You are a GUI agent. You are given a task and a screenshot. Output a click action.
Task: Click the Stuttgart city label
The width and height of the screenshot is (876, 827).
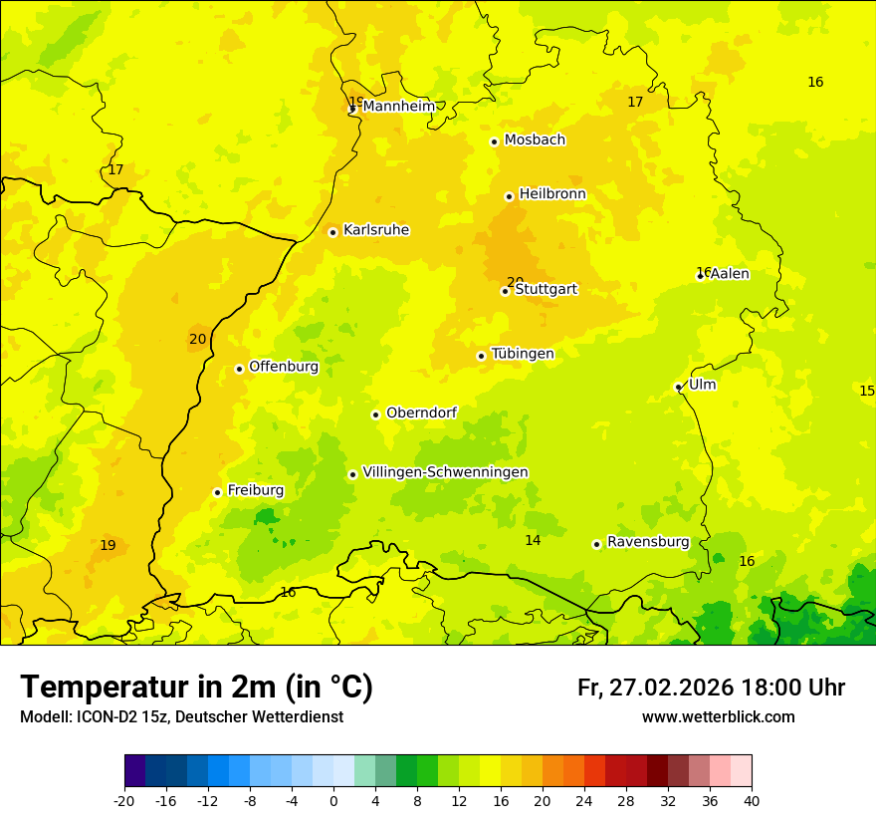tap(546, 290)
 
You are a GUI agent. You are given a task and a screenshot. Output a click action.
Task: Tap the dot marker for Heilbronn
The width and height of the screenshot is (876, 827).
tap(509, 196)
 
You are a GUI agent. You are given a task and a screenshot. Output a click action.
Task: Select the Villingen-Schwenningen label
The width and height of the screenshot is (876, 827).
tap(445, 472)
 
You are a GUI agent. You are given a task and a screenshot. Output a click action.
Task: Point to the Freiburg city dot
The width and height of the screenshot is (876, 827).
tap(217, 492)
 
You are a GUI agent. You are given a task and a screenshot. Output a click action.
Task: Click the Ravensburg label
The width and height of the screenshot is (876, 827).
tap(648, 542)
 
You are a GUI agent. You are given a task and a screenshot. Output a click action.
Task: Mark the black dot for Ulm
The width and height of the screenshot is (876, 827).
tap(678, 387)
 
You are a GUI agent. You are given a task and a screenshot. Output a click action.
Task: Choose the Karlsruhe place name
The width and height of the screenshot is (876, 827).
tap(375, 230)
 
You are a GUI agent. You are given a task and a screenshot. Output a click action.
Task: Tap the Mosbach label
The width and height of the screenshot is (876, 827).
tap(535, 140)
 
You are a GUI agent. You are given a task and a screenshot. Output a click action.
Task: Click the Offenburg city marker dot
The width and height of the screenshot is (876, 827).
tap(239, 369)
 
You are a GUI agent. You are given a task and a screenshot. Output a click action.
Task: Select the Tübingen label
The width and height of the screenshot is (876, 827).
tap(523, 354)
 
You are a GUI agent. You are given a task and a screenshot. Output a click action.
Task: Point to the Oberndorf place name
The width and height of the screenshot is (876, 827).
tap(421, 413)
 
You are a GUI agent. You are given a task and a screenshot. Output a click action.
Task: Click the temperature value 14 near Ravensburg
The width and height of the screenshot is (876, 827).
tap(533, 540)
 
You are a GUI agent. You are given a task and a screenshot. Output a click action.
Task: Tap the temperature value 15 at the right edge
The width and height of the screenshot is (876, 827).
tap(866, 391)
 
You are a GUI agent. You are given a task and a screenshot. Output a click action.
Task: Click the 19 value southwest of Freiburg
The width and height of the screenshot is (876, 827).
tap(108, 545)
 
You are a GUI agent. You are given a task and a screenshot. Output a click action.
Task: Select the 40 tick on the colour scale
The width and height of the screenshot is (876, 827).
tap(751, 800)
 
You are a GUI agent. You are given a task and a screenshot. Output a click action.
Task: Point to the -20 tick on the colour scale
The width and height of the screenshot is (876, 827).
tap(124, 800)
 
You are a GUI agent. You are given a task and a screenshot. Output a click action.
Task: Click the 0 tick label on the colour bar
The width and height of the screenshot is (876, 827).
tap(333, 800)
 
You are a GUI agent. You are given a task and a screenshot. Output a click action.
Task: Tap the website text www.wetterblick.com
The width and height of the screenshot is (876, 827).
tap(718, 717)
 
